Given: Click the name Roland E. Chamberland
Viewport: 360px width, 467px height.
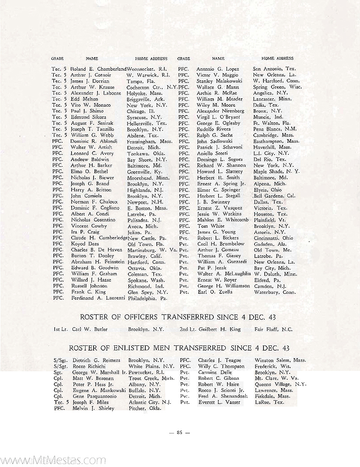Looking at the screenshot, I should (99, 69).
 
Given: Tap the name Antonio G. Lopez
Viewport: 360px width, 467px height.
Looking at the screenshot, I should (218, 69).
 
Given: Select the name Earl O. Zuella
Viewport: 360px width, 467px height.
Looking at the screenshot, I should (215, 292).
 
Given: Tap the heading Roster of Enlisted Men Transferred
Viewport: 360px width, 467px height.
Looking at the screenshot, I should (180, 348).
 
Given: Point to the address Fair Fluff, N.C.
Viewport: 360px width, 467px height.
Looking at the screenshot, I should (274, 329).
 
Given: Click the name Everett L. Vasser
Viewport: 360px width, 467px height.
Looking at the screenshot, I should (219, 402).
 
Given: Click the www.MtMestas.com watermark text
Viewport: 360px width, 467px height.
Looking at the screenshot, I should (53, 460).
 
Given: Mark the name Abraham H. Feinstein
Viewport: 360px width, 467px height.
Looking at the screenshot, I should (97, 262).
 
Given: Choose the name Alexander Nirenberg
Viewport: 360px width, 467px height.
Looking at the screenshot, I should (221, 111).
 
